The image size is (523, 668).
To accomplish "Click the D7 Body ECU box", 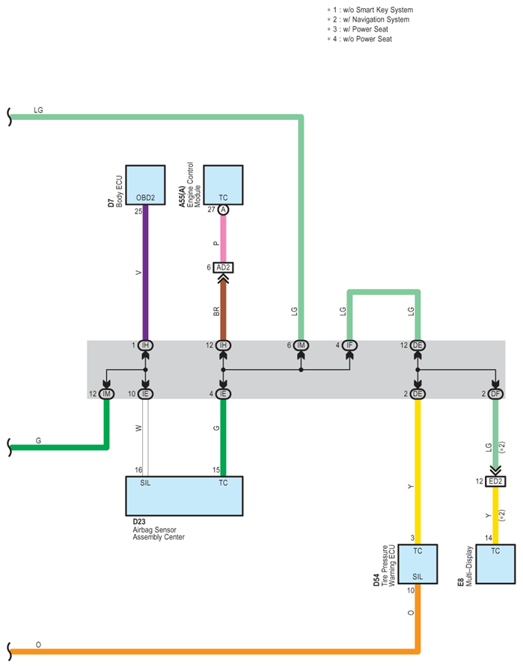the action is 145,185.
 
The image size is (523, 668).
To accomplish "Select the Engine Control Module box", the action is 223,185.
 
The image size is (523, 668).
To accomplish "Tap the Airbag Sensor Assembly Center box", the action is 184,496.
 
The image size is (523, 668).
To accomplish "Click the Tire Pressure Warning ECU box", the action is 418,564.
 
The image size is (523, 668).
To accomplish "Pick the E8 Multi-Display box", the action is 495,564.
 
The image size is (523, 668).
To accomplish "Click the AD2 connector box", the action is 223,267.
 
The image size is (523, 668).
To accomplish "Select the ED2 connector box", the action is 495,482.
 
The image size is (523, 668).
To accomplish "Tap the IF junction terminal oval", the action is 349,345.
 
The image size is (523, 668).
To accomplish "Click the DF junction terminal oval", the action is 495,394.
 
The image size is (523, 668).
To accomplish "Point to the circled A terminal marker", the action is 223,210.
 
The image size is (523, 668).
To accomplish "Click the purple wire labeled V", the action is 145,273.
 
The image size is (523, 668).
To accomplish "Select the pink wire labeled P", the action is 223,239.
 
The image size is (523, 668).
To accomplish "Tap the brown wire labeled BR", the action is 223,311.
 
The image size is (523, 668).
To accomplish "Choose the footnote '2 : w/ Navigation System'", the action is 368,19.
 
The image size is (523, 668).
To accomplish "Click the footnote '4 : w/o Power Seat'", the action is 360,39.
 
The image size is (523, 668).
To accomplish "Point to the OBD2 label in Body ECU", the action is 145,198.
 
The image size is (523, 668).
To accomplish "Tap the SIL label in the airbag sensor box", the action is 145,483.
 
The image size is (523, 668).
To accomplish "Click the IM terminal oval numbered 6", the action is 301,345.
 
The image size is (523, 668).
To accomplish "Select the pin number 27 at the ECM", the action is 211,210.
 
